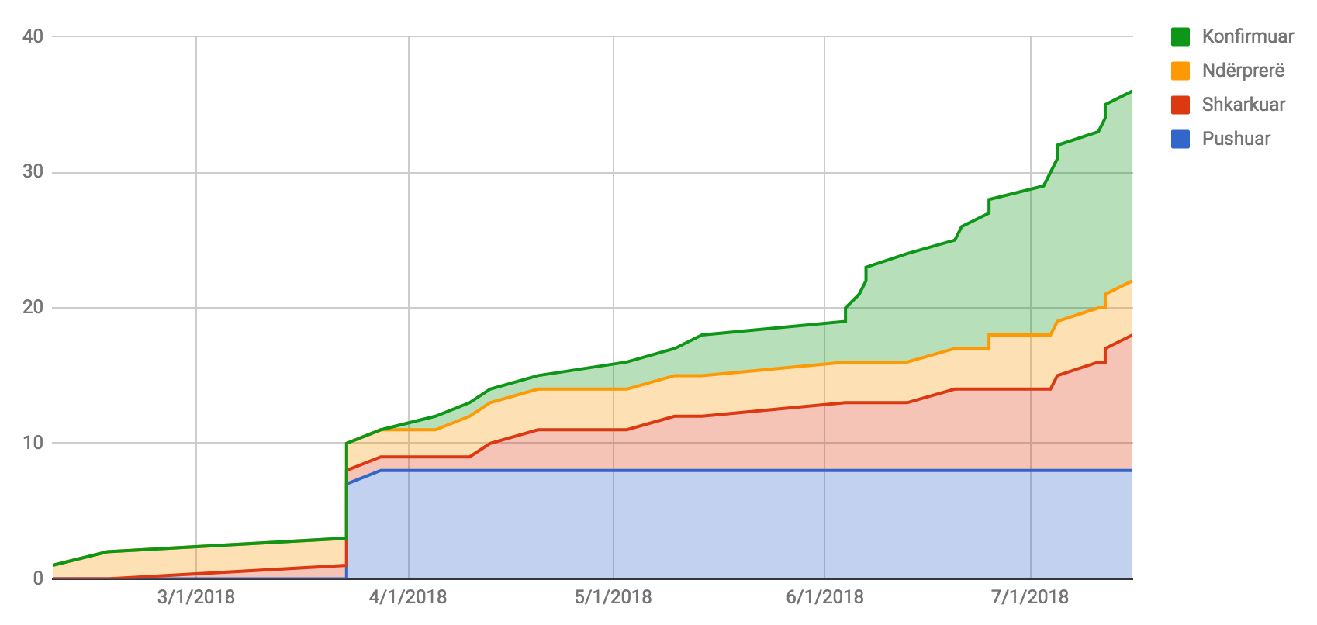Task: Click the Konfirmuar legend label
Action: tap(1247, 36)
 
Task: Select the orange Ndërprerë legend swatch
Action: tap(1180, 71)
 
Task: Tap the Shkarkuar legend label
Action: tap(1243, 105)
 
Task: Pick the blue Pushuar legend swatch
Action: tap(1180, 139)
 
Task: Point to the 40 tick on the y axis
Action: tap(33, 36)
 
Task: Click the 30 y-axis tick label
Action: tap(33, 172)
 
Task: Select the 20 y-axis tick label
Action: tap(33, 308)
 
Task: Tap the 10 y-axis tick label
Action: tap(33, 444)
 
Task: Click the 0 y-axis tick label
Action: tap(37, 578)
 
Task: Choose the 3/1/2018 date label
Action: tap(196, 597)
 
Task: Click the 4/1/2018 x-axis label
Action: tap(408, 597)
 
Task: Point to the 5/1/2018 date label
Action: tap(613, 597)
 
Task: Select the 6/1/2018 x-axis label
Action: tap(824, 597)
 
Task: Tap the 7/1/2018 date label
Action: tap(1030, 597)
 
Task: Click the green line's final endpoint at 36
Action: tap(1132, 92)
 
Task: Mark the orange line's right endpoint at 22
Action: tap(1132, 281)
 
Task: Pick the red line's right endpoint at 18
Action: tap(1132, 335)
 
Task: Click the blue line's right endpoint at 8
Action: tap(1132, 471)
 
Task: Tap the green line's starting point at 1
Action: tap(53, 565)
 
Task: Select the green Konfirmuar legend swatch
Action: tap(1180, 36)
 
